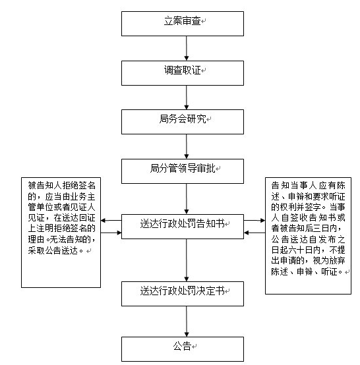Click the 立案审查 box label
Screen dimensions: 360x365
click(182, 20)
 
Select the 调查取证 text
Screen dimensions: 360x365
click(182, 70)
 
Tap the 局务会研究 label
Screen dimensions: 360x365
click(183, 119)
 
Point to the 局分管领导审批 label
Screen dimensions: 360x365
click(183, 168)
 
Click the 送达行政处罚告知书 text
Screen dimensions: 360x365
click(182, 224)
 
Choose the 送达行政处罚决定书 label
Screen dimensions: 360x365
click(182, 291)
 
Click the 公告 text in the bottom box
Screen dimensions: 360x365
click(182, 346)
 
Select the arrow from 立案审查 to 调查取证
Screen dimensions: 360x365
click(187, 48)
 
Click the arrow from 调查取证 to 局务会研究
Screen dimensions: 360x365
click(187, 98)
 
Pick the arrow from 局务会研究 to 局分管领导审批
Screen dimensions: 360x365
click(187, 147)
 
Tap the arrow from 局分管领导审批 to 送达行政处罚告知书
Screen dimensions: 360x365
click(187, 199)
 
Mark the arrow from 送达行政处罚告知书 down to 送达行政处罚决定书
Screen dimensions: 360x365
click(187, 260)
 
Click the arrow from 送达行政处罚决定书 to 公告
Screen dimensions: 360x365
click(187, 322)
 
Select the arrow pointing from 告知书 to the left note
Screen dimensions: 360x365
click(111, 221)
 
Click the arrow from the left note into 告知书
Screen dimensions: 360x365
click(111, 233)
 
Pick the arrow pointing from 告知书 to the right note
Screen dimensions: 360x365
click(255, 221)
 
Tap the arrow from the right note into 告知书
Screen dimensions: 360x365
click(255, 233)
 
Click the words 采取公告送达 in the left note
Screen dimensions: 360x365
click(53, 251)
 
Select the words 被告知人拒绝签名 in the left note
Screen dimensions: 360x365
click(62, 186)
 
